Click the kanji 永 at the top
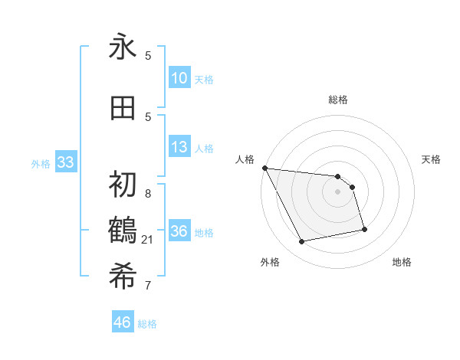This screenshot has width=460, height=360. tap(123, 47)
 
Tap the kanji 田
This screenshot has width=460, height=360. tap(123, 108)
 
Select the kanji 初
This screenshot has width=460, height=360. tap(123, 185)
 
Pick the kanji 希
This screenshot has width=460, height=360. tap(123, 275)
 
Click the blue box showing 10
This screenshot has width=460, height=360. tap(179, 78)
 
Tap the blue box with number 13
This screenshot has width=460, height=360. tap(179, 147)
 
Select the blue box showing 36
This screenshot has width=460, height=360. tap(179, 231)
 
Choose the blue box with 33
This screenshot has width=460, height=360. tap(65, 162)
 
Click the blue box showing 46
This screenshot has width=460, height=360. tap(123, 322)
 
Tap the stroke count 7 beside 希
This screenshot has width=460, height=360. tap(148, 286)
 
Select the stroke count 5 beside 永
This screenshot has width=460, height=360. tap(148, 55)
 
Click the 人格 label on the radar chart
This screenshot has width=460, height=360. tap(245, 159)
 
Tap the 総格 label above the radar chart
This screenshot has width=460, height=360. tap(337, 100)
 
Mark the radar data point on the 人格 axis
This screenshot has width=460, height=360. tap(264, 168)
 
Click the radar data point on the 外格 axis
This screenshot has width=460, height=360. tap(302, 242)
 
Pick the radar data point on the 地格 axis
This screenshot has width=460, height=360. tap(364, 229)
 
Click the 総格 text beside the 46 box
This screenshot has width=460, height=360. tap(147, 324)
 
